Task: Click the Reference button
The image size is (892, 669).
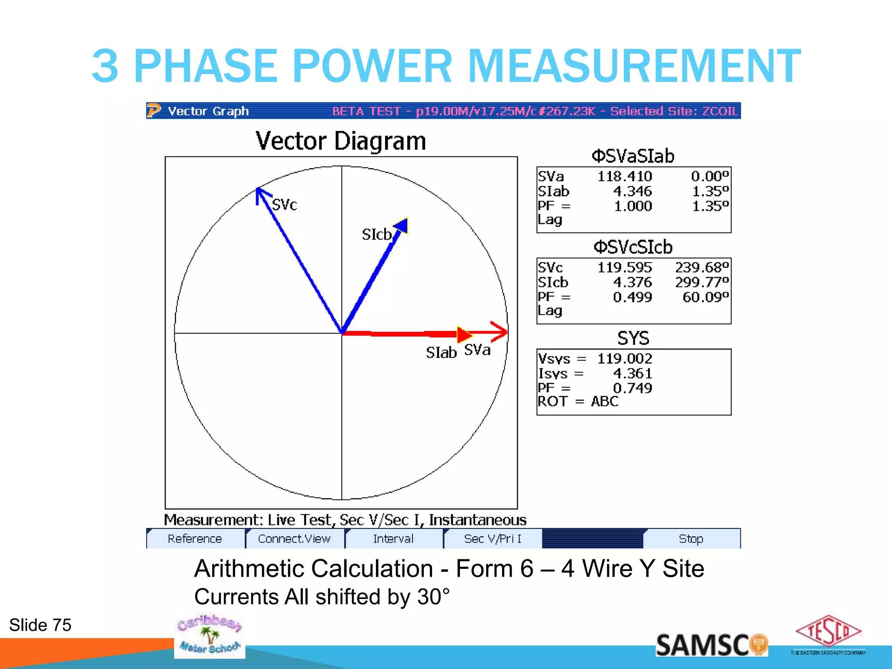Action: pyautogui.click(x=195, y=539)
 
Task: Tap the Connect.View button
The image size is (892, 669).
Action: pyautogui.click(x=294, y=539)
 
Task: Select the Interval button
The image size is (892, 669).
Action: pyautogui.click(x=393, y=539)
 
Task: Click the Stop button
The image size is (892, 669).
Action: pyautogui.click(x=691, y=539)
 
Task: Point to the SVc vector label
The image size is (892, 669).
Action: pyautogui.click(x=284, y=205)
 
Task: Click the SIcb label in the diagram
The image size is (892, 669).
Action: pyautogui.click(x=377, y=235)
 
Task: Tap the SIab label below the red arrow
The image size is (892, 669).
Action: pyautogui.click(x=441, y=352)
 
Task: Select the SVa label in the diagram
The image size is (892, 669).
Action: pyautogui.click(x=477, y=350)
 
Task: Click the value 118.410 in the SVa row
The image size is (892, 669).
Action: pyautogui.click(x=625, y=176)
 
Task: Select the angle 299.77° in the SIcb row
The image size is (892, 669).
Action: pyautogui.click(x=702, y=282)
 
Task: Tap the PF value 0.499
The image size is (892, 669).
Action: pyautogui.click(x=632, y=297)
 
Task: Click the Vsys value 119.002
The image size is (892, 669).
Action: pyautogui.click(x=625, y=358)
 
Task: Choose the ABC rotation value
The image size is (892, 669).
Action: pyautogui.click(x=605, y=401)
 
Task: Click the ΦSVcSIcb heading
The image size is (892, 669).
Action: pyautogui.click(x=633, y=247)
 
